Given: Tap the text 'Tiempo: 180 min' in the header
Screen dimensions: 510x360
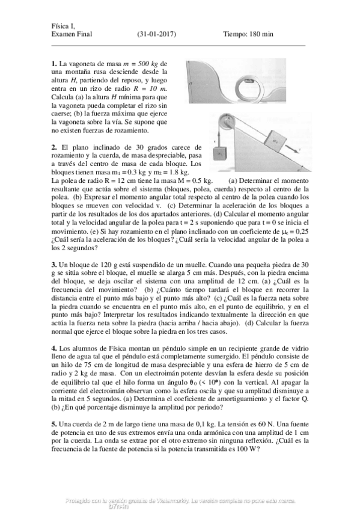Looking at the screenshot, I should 248,34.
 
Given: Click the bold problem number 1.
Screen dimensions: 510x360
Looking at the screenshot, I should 54,64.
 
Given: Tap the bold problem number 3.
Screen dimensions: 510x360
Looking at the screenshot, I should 54,264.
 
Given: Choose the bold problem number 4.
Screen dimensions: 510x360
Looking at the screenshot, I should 54,348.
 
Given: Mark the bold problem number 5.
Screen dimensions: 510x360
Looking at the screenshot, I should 54,424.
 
